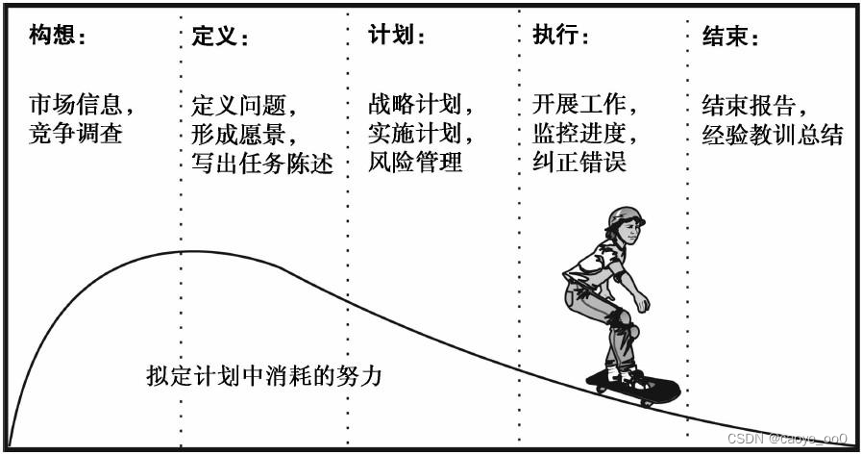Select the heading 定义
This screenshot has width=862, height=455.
(216, 38)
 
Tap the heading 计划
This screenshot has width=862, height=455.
(392, 37)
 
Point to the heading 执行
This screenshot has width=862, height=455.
(556, 37)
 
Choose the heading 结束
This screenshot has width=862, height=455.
(727, 38)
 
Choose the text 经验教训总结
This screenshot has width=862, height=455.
(773, 134)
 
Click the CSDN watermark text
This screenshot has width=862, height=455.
(787, 439)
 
